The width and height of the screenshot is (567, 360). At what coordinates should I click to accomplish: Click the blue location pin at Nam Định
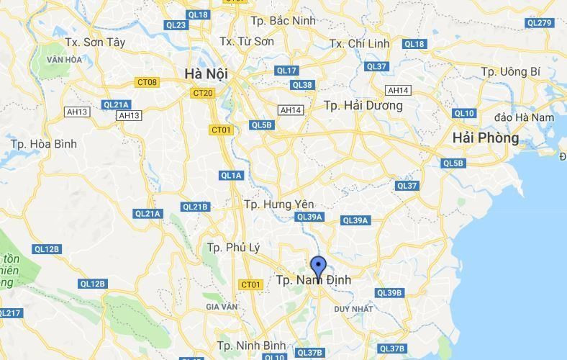pyautogui.click(x=318, y=267)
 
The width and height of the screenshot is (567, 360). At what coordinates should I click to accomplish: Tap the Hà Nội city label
pyautogui.click(x=206, y=73)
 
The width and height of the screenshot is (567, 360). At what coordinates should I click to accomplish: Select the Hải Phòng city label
pyautogui.click(x=486, y=138)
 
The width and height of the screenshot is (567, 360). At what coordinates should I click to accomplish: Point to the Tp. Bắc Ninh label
pyautogui.click(x=283, y=20)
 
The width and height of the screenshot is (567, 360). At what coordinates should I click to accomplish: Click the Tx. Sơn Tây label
pyautogui.click(x=95, y=42)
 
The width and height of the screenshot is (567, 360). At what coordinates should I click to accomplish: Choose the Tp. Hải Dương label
pyautogui.click(x=363, y=105)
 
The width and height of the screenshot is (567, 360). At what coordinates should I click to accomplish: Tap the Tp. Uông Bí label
pyautogui.click(x=510, y=71)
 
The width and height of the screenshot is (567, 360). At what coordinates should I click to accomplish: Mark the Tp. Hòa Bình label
pyautogui.click(x=43, y=144)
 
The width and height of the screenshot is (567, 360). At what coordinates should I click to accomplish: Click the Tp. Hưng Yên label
pyautogui.click(x=279, y=204)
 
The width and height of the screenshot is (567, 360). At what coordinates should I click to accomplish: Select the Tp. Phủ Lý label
pyautogui.click(x=233, y=247)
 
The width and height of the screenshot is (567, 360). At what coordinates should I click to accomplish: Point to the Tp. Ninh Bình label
pyautogui.click(x=251, y=344)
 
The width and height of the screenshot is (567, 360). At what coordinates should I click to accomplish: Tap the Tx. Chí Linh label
pyautogui.click(x=359, y=43)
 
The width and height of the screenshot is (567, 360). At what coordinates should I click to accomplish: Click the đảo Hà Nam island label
pyautogui.click(x=525, y=117)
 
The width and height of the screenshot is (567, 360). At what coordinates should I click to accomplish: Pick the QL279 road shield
pyautogui.click(x=539, y=22)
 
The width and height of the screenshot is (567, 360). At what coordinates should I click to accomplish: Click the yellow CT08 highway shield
pyautogui.click(x=147, y=82)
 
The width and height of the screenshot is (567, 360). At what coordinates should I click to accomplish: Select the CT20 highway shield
pyautogui.click(x=203, y=93)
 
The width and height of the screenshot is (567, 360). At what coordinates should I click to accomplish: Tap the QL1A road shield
pyautogui.click(x=232, y=176)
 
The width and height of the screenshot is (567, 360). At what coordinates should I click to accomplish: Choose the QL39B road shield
pyautogui.click(x=389, y=293)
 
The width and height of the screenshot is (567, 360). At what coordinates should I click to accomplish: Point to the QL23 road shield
pyautogui.click(x=176, y=25)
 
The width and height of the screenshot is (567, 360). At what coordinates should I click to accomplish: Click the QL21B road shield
pyautogui.click(x=195, y=207)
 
